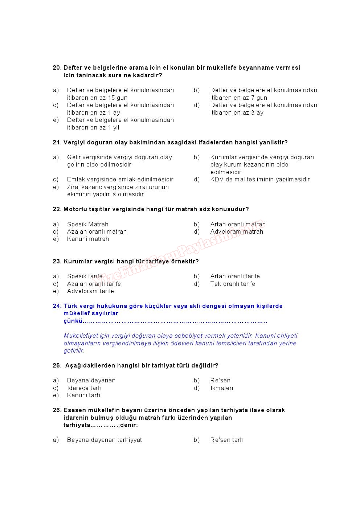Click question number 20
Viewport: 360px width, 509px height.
(x=57, y=68)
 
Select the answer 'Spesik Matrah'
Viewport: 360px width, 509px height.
(x=87, y=224)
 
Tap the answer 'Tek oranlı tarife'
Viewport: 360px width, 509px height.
(x=232, y=284)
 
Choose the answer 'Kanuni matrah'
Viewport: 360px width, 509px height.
(x=88, y=239)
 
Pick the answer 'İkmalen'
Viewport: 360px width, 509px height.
(x=221, y=388)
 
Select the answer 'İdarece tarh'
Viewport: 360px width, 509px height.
(x=84, y=388)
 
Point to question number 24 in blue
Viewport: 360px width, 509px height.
(x=57, y=306)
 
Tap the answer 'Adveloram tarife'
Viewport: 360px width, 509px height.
(x=90, y=291)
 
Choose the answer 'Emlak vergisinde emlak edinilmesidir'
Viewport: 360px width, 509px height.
(x=120, y=180)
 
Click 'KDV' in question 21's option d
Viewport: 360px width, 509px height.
(x=216, y=180)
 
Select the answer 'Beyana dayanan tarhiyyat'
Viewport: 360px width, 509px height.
(x=104, y=440)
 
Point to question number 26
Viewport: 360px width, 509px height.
(x=57, y=410)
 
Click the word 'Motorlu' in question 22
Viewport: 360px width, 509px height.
(x=75, y=209)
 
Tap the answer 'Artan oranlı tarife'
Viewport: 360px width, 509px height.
(x=235, y=276)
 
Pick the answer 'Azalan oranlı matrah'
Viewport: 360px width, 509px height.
(x=97, y=232)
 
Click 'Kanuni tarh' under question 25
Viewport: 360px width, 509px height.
(x=83, y=395)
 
